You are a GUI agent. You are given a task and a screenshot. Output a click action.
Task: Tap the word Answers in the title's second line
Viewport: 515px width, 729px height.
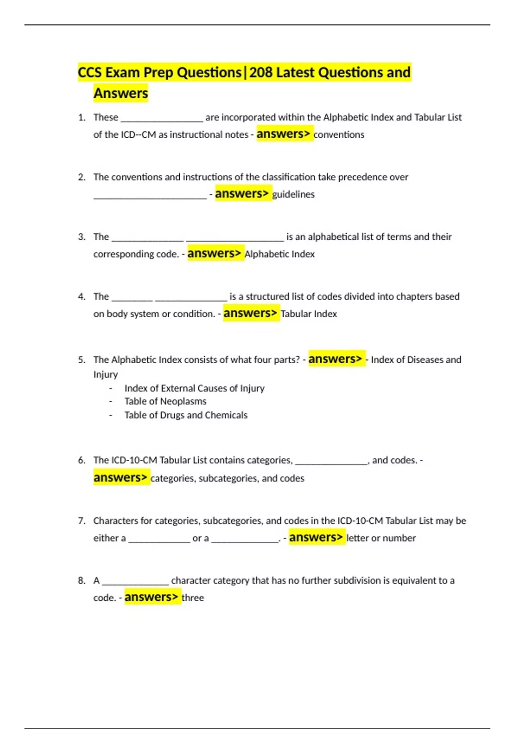click(121, 93)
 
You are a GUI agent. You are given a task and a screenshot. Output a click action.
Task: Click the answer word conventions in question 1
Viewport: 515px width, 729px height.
click(339, 135)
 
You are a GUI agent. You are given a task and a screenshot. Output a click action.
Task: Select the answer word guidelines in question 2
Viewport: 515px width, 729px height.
click(293, 194)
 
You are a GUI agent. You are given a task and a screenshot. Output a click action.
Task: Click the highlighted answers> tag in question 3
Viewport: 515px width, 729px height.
click(214, 253)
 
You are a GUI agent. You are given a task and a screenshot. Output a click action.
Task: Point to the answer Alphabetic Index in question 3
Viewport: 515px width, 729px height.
click(279, 254)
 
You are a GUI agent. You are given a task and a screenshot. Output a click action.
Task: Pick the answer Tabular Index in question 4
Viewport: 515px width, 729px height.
click(309, 314)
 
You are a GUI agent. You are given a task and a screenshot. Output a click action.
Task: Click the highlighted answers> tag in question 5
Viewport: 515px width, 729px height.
click(335, 359)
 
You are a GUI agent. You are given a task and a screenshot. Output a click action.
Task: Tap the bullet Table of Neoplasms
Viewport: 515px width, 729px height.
click(165, 401)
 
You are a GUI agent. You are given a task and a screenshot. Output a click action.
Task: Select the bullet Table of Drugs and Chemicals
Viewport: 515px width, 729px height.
click(186, 415)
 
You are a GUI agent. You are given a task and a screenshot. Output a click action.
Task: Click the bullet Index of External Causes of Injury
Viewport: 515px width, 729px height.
click(194, 388)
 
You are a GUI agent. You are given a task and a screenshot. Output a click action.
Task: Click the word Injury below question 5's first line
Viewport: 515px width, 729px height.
click(106, 374)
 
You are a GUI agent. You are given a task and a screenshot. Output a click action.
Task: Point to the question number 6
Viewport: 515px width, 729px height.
click(82, 460)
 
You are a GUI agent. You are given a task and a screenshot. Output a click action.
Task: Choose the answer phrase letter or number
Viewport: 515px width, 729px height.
click(381, 538)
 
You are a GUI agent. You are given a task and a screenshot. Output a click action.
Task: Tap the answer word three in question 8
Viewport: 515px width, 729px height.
click(193, 598)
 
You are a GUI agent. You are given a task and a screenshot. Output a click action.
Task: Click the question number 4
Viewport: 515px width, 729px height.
click(82, 297)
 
